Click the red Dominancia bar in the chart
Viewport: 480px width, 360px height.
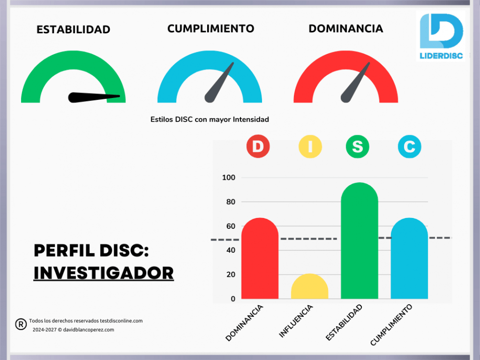(260, 260)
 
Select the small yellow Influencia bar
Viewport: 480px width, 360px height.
(310, 288)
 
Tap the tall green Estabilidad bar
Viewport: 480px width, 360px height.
(360, 242)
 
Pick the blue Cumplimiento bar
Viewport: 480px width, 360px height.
(409, 260)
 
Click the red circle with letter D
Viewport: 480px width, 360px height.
(258, 146)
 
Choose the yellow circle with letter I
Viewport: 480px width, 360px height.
(310, 146)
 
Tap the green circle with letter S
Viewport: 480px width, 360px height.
(358, 146)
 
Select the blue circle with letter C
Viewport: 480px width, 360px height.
(409, 146)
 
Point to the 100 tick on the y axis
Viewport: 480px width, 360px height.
(228, 178)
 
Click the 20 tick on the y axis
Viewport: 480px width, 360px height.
(230, 275)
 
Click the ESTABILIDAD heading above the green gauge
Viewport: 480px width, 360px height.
(73, 29)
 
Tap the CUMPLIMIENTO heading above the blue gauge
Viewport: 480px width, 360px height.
(211, 28)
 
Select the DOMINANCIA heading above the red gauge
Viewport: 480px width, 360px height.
(346, 28)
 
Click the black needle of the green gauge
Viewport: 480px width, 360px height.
(93, 97)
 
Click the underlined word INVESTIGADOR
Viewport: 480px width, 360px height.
(103, 273)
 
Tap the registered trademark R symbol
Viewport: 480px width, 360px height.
(21, 324)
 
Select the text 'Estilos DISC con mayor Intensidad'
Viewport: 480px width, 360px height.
(210, 119)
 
